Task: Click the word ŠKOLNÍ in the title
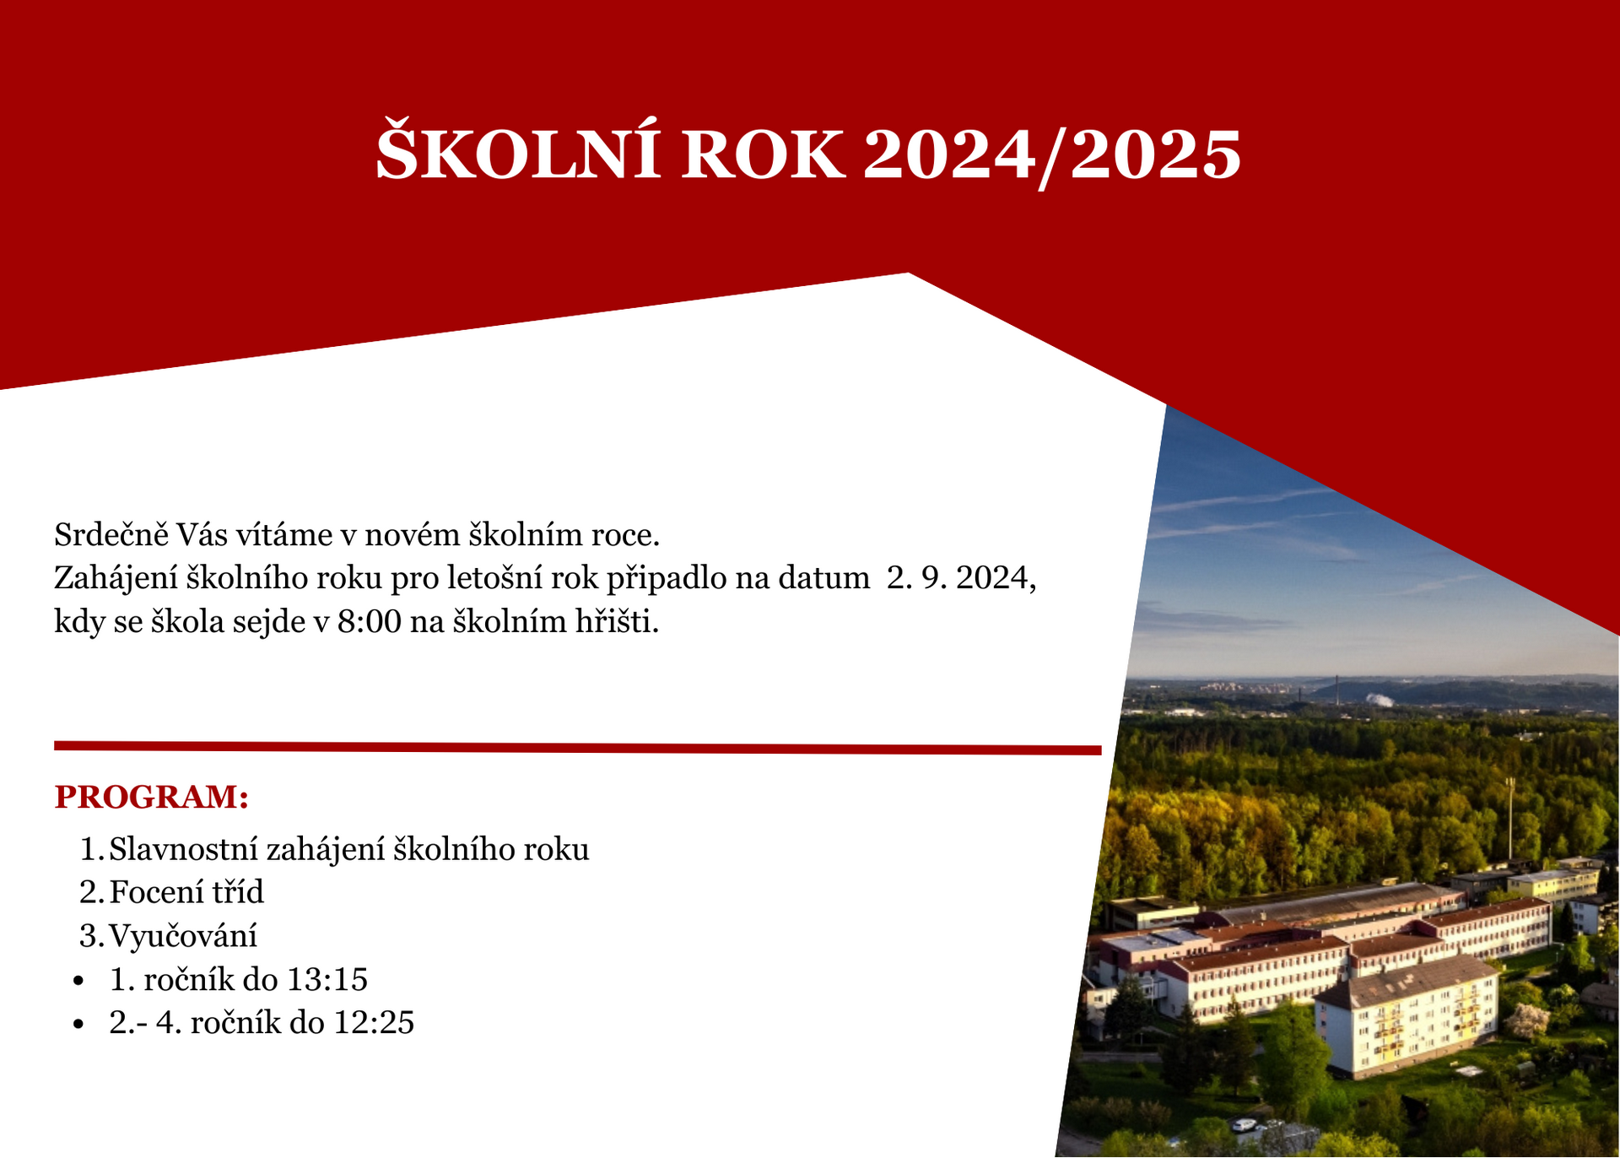[x=517, y=154]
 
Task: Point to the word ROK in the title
[x=762, y=155]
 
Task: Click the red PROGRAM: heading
[x=152, y=797]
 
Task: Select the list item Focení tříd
[x=186, y=892]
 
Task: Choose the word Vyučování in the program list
[x=183, y=936]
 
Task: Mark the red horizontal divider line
[x=578, y=749]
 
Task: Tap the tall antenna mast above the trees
[x=1509, y=818]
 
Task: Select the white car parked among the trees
[x=1243, y=1124]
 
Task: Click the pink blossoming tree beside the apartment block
[x=1528, y=1020]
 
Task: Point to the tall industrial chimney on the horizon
[x=1337, y=689]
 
